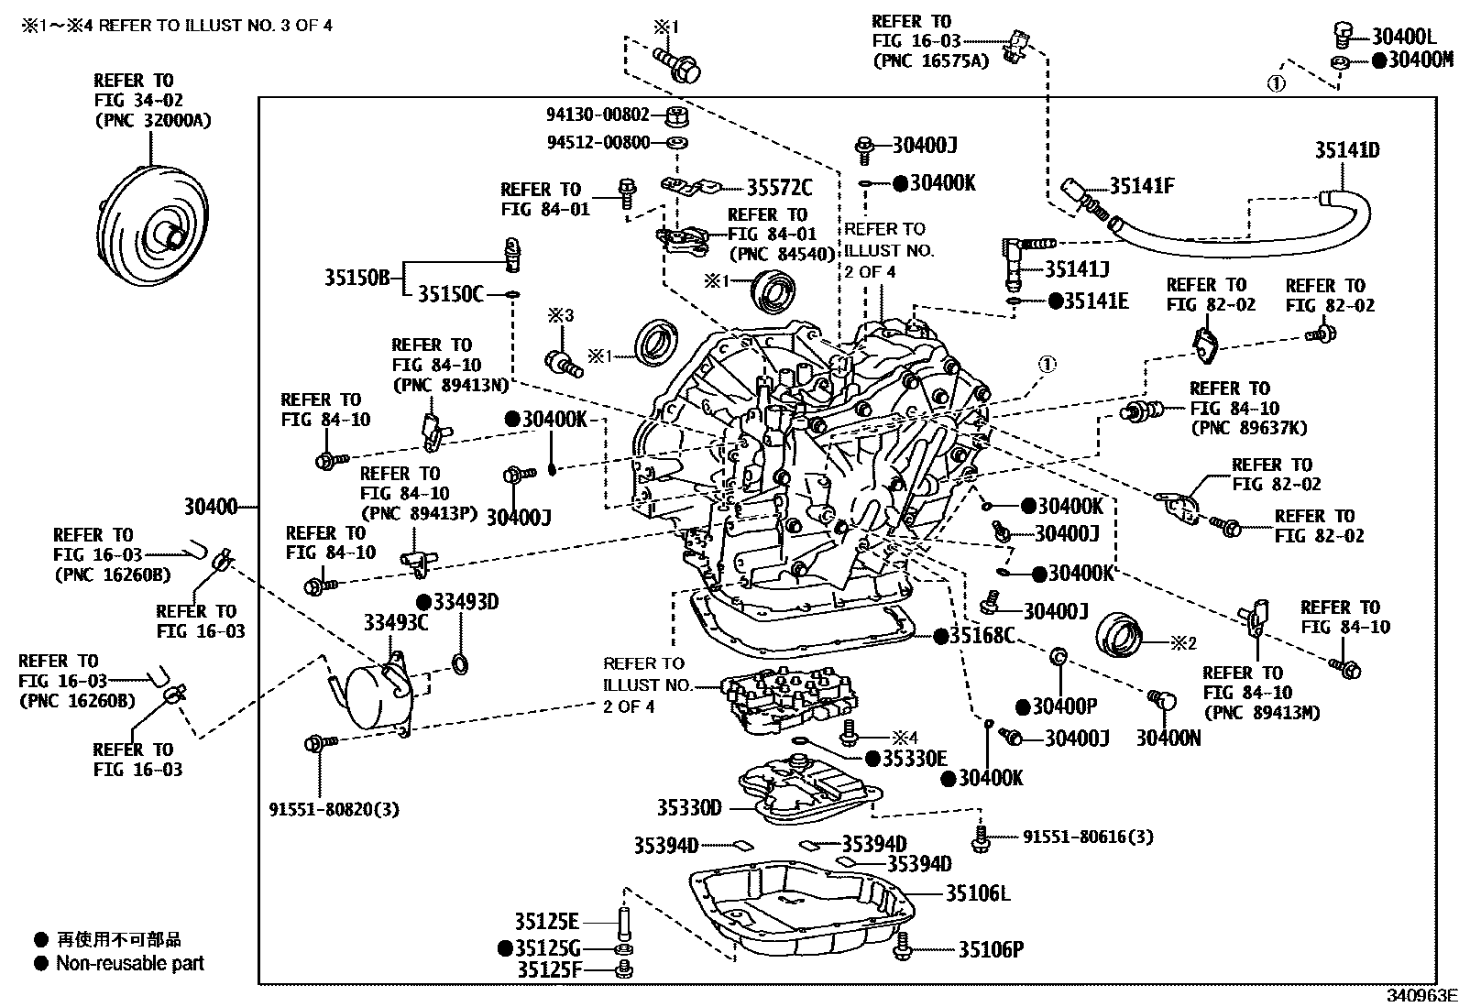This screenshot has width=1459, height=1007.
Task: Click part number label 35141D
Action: pos(1346,150)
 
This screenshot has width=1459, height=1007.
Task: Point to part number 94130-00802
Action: pos(598,115)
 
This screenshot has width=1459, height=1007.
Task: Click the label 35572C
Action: pos(779,188)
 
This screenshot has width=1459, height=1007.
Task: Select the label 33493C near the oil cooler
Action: pos(396,623)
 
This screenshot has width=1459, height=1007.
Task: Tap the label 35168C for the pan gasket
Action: pos(982,635)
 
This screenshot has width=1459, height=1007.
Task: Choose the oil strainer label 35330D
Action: pos(689,807)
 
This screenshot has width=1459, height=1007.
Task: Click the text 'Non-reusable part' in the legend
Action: pos(129,963)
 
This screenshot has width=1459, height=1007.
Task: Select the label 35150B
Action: pos(357,277)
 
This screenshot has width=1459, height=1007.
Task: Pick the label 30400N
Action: pos(1168,738)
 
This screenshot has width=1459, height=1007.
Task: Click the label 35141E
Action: pos(1095,301)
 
